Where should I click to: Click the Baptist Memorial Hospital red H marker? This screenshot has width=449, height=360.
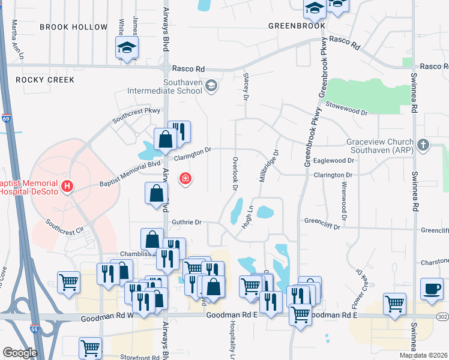point(67,187)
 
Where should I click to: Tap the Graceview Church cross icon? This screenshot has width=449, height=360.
point(424,145)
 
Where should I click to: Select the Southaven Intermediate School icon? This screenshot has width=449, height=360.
point(211,86)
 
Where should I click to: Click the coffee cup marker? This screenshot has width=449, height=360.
point(432,288)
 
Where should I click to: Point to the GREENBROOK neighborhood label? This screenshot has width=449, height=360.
point(297,26)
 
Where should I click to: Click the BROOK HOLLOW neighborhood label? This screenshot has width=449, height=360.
point(73,27)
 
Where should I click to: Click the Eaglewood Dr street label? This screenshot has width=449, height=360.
point(334,161)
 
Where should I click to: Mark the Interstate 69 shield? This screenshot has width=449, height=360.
point(6,119)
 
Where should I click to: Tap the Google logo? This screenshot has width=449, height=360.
point(20,353)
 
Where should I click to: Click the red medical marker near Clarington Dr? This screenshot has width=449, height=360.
point(185,178)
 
